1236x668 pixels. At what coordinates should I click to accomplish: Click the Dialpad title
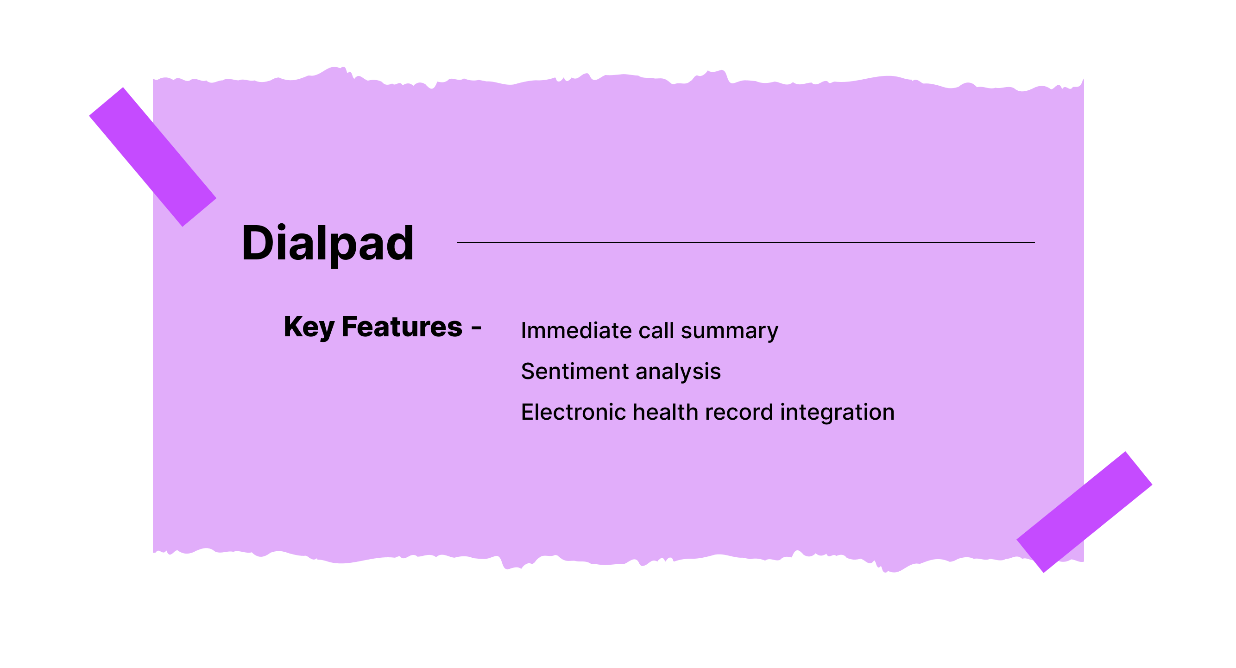(x=328, y=243)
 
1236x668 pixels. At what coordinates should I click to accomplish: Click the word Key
(x=309, y=327)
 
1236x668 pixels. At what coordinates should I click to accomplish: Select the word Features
(x=402, y=327)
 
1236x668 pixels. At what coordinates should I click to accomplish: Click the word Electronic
(x=574, y=412)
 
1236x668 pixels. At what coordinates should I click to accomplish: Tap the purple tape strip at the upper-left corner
(x=152, y=157)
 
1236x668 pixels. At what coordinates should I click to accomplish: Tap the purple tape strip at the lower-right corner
(x=1085, y=512)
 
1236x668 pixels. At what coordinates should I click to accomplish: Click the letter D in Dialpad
(x=258, y=243)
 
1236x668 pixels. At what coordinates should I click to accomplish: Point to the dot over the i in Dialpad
(x=282, y=227)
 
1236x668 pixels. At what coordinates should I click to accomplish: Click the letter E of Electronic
(x=527, y=412)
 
